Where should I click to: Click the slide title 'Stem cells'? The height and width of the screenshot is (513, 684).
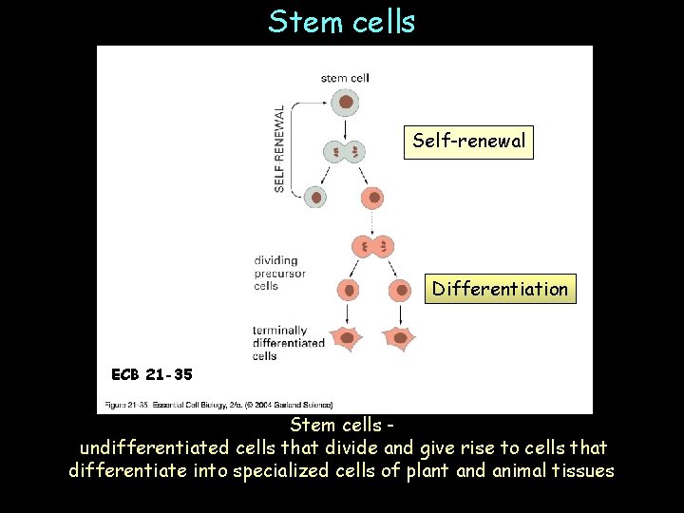(341, 21)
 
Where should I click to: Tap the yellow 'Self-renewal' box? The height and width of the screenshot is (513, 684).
(468, 142)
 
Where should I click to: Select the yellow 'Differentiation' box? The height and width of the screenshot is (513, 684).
(500, 289)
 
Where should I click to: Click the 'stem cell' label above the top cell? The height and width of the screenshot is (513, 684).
(345, 78)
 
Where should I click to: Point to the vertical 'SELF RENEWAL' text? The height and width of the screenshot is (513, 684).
(280, 148)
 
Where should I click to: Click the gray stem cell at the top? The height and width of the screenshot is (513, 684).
(346, 102)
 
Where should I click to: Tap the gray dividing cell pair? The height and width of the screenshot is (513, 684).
(345, 151)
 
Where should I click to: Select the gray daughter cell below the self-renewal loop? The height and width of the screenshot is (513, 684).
(315, 197)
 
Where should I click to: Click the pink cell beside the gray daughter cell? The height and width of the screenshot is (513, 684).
(374, 198)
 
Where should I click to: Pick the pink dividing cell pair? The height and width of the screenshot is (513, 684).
(373, 247)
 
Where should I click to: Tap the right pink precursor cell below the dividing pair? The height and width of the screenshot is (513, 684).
(399, 290)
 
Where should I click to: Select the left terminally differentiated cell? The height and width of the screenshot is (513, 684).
(348, 338)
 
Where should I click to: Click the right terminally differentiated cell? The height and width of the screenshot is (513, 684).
(400, 338)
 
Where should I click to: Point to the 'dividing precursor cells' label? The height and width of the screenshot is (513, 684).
(279, 273)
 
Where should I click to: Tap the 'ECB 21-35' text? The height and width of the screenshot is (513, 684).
(152, 374)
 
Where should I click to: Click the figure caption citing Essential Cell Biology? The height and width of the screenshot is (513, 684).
(218, 405)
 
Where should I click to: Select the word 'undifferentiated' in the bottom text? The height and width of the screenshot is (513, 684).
(152, 446)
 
